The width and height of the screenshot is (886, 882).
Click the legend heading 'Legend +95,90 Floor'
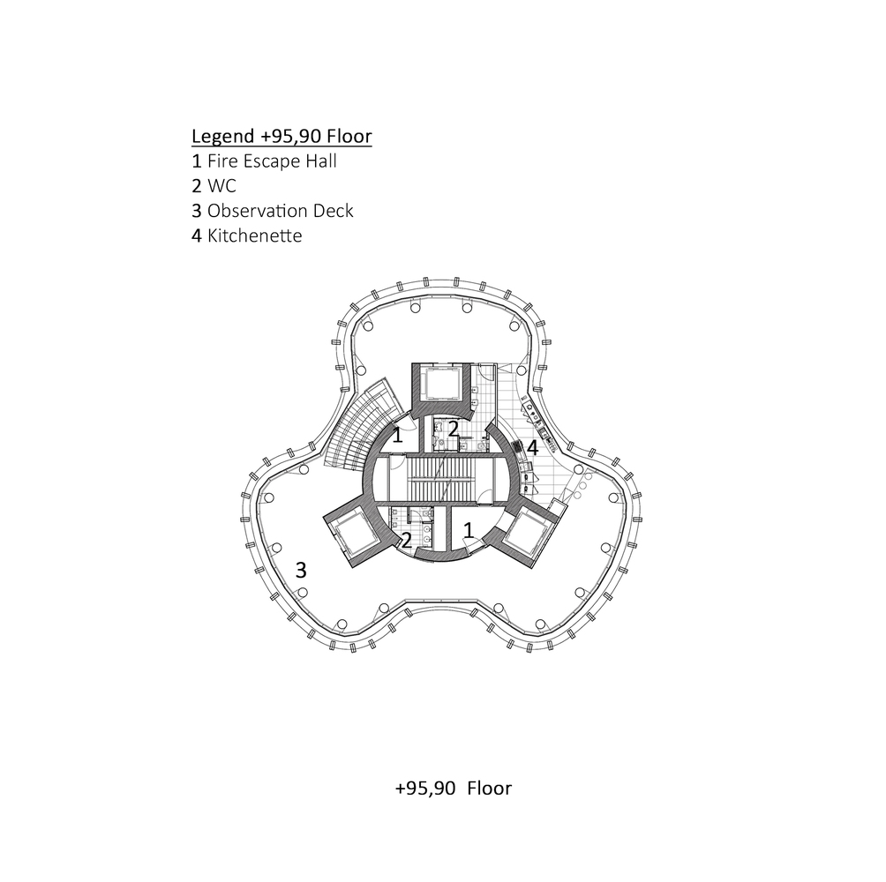pyautogui.click(x=282, y=137)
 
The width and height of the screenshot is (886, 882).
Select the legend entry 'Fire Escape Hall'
pyautogui.click(x=272, y=161)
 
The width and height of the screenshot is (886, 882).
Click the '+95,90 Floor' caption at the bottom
pyautogui.click(x=454, y=788)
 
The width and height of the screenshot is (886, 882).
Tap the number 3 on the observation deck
pyautogui.click(x=301, y=570)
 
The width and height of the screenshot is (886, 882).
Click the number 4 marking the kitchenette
pyautogui.click(x=532, y=448)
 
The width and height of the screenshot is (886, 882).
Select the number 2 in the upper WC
pyautogui.click(x=453, y=430)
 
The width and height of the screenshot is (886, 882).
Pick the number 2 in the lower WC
pyautogui.click(x=407, y=541)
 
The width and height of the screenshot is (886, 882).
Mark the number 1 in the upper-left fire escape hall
pyautogui.click(x=398, y=435)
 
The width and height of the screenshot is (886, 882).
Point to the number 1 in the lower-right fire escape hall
pyautogui.click(x=469, y=529)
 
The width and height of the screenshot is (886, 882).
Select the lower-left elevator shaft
pyautogui.click(x=355, y=534)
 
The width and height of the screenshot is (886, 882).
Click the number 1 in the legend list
pyautogui.click(x=197, y=161)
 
